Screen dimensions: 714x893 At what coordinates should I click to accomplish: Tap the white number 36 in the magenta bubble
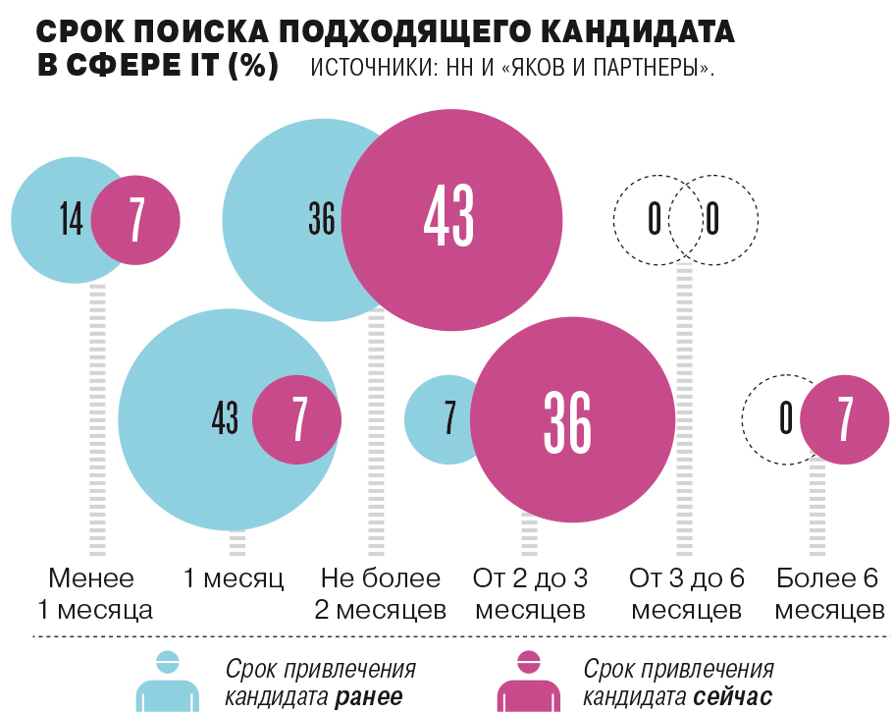pyautogui.click(x=567, y=419)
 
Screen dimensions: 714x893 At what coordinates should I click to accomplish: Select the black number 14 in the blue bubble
pyautogui.click(x=71, y=220)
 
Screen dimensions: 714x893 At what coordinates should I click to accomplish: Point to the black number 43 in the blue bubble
pyautogui.click(x=225, y=419)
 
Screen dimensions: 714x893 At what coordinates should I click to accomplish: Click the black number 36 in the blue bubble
pyautogui.click(x=321, y=220)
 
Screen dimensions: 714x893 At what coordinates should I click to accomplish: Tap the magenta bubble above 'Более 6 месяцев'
pyautogui.click(x=844, y=419)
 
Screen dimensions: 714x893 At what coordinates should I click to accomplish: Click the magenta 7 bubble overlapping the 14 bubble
pyautogui.click(x=136, y=220)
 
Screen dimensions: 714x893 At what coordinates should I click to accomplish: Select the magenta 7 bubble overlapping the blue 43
pyautogui.click(x=297, y=419)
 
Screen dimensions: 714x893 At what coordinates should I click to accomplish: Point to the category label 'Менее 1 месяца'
pyautogui.click(x=93, y=593)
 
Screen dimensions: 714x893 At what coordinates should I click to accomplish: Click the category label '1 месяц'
pyautogui.click(x=235, y=578)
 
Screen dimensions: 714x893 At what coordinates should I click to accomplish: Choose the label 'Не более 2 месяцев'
pyautogui.click(x=380, y=593)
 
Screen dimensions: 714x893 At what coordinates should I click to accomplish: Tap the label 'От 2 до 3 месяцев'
pyautogui.click(x=530, y=593)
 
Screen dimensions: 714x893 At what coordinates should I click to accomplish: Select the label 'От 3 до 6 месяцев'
pyautogui.click(x=686, y=593)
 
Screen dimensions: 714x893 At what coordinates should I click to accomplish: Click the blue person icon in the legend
pyautogui.click(x=168, y=681)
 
